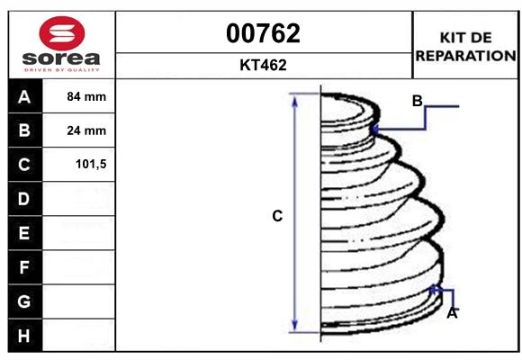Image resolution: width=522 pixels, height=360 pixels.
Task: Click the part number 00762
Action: tap(264, 34)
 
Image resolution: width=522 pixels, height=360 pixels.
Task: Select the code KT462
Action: tap(264, 66)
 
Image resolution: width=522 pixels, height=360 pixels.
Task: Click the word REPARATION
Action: tap(465, 55)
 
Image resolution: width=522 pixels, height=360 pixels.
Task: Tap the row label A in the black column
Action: tap(24, 96)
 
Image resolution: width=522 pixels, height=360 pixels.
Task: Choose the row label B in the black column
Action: tap(24, 130)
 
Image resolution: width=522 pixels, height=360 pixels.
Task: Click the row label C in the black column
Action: tap(24, 165)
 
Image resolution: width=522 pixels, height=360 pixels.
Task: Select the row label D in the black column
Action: tap(24, 199)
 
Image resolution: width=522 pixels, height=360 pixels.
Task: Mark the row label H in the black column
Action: tap(24, 336)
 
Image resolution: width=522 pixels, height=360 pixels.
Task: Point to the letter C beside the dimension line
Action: tap(277, 216)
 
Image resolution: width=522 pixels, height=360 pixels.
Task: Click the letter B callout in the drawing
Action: tap(417, 101)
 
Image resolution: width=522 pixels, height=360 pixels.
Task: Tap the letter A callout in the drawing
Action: tap(453, 313)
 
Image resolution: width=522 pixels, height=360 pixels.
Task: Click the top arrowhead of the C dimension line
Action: tap(294, 98)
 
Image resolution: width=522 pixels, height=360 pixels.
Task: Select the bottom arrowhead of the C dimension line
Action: tap(294, 327)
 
